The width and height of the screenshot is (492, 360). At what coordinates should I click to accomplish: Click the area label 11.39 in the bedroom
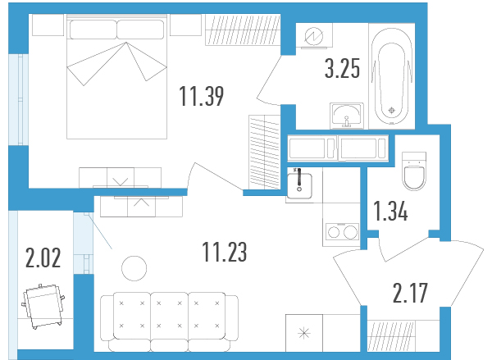click(x=202, y=96)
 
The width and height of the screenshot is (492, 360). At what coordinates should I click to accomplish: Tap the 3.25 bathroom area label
click(x=342, y=68)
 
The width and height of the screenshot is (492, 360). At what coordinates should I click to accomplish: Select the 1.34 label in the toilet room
click(x=391, y=211)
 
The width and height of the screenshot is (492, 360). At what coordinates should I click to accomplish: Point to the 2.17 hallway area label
click(x=410, y=293)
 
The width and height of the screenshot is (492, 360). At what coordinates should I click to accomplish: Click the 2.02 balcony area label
click(x=43, y=258)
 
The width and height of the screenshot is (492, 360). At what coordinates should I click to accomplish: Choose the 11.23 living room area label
click(x=225, y=252)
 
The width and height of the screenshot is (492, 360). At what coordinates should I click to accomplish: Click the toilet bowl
click(x=414, y=171)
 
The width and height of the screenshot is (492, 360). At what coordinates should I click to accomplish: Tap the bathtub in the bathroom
click(x=392, y=76)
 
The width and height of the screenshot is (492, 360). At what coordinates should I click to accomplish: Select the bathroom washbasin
click(x=347, y=116)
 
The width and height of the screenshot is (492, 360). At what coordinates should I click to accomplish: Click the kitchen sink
click(x=299, y=186)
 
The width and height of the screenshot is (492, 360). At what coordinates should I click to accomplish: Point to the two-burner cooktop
click(x=342, y=232)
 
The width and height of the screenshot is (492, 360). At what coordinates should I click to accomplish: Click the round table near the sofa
click(x=134, y=269)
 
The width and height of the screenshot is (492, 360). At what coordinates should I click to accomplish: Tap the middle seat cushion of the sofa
click(x=169, y=316)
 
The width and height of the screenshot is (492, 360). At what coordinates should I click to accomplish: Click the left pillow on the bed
click(x=93, y=30)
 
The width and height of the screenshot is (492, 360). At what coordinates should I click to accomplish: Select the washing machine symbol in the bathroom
click(x=314, y=36)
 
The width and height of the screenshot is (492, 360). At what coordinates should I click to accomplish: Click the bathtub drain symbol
click(x=392, y=111)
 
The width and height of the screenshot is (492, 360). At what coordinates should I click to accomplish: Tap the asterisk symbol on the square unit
click(x=304, y=333)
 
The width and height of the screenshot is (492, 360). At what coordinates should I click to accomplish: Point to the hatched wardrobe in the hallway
click(x=391, y=335)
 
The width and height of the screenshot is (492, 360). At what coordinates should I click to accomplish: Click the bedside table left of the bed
click(x=48, y=25)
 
